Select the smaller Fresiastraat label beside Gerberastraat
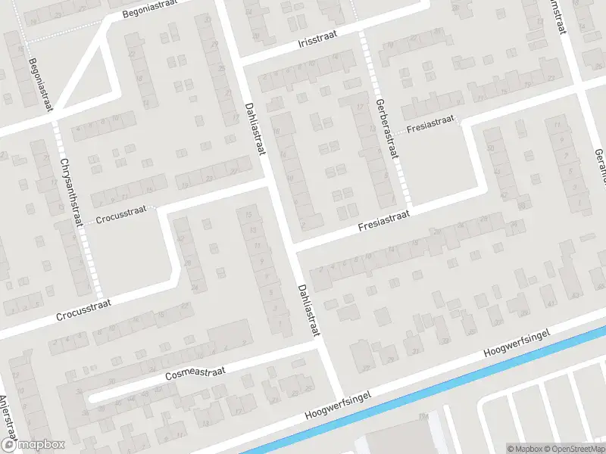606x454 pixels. (x=430, y=123)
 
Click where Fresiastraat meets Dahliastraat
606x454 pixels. (x=292, y=247)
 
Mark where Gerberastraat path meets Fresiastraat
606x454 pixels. (x=408, y=206)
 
